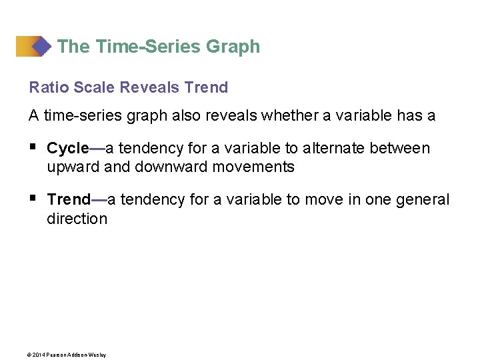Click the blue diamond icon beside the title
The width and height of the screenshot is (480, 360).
click(41, 46)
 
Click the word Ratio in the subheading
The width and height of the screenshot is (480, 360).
click(45, 87)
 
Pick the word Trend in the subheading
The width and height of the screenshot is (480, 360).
click(205, 87)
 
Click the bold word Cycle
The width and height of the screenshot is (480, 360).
click(68, 148)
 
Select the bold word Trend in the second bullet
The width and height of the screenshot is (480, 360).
click(69, 199)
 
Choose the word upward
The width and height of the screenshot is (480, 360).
click(73, 167)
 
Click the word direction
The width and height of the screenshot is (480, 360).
click(77, 219)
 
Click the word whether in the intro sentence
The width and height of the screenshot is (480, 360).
click(287, 115)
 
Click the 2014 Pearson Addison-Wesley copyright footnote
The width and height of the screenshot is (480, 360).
click(67, 355)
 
